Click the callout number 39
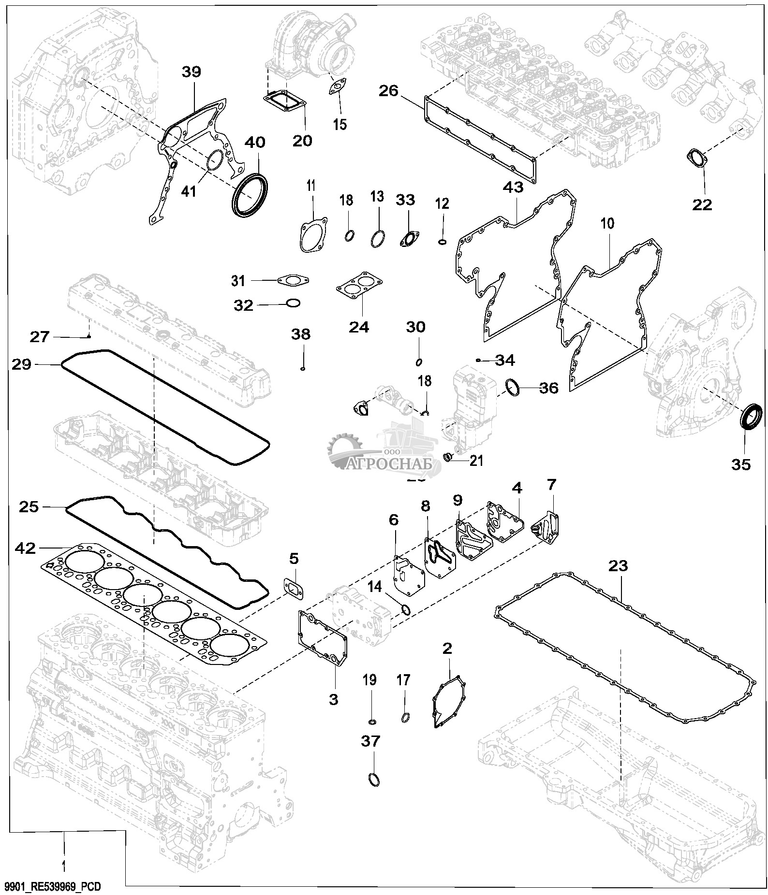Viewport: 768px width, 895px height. [x=191, y=72]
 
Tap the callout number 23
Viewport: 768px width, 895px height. [x=619, y=565]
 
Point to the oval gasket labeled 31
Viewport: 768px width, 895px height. [x=293, y=280]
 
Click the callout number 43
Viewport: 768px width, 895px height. [x=513, y=187]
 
